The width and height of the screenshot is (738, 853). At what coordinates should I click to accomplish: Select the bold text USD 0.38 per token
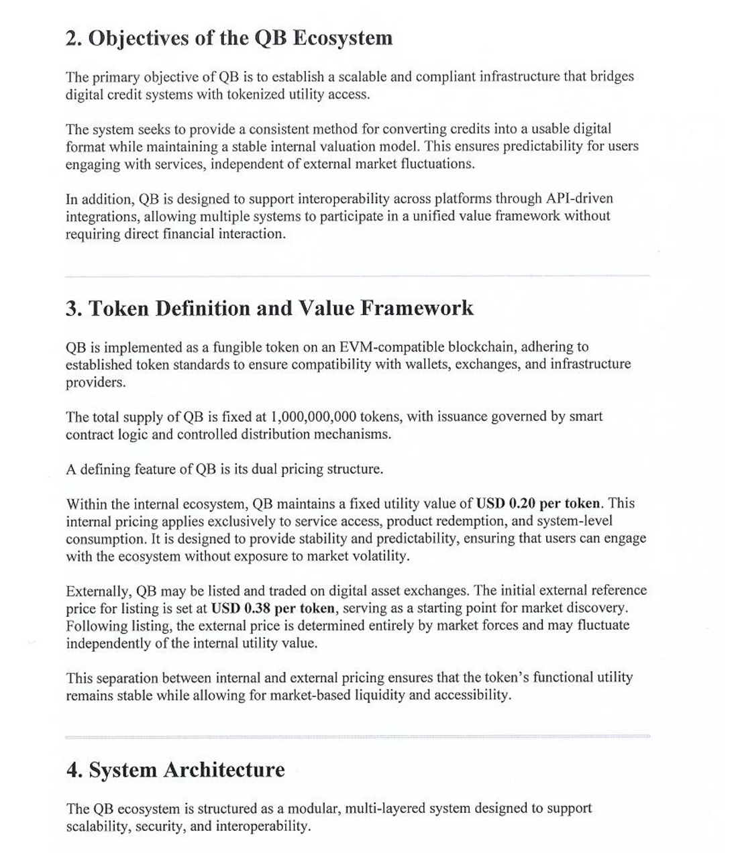[x=273, y=608]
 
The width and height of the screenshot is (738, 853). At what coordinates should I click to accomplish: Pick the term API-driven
[x=579, y=199]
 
